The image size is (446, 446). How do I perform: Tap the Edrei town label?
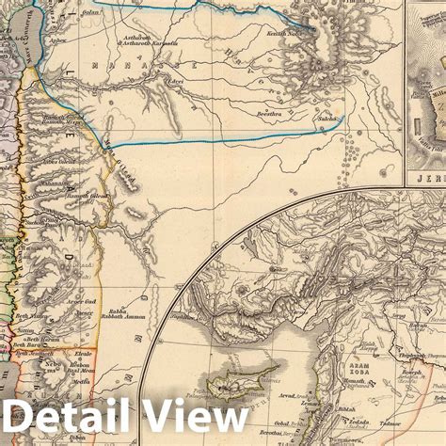(x=176, y=81)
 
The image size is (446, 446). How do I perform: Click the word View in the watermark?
(x=193, y=418)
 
